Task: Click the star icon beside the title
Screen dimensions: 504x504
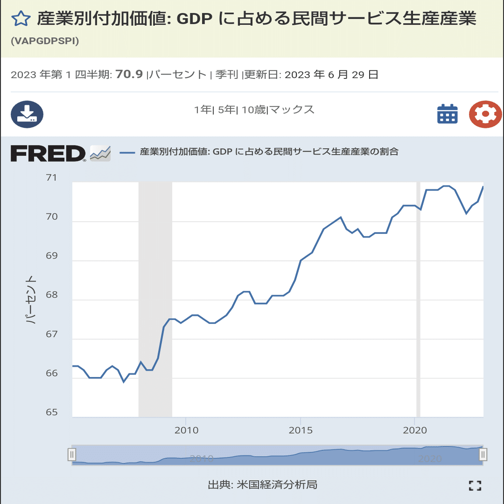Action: click(x=21, y=19)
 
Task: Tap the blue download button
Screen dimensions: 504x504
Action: click(x=27, y=114)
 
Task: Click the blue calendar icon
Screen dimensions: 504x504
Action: click(x=448, y=114)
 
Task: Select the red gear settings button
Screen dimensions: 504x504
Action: click(x=485, y=114)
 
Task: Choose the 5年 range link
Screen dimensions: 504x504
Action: click(x=227, y=110)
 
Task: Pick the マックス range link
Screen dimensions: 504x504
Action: click(x=292, y=110)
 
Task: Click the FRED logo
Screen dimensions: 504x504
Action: click(x=48, y=154)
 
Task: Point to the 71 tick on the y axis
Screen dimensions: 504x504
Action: click(x=51, y=178)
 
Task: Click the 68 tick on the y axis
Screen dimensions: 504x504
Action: click(x=52, y=295)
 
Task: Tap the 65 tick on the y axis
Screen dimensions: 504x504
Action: click(x=52, y=413)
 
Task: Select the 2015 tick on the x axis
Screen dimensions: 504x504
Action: click(x=301, y=430)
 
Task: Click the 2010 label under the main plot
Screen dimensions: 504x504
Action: click(x=186, y=430)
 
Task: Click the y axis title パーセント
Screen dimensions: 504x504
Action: click(x=30, y=299)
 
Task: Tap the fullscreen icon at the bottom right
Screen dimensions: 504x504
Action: click(x=475, y=486)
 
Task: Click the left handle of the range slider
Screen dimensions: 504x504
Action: click(x=72, y=455)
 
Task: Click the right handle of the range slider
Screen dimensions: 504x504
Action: click(x=483, y=455)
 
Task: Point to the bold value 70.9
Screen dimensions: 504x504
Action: click(x=129, y=74)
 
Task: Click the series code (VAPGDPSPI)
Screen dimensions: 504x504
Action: click(x=45, y=41)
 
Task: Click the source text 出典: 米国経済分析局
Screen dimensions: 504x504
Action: click(x=263, y=485)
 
